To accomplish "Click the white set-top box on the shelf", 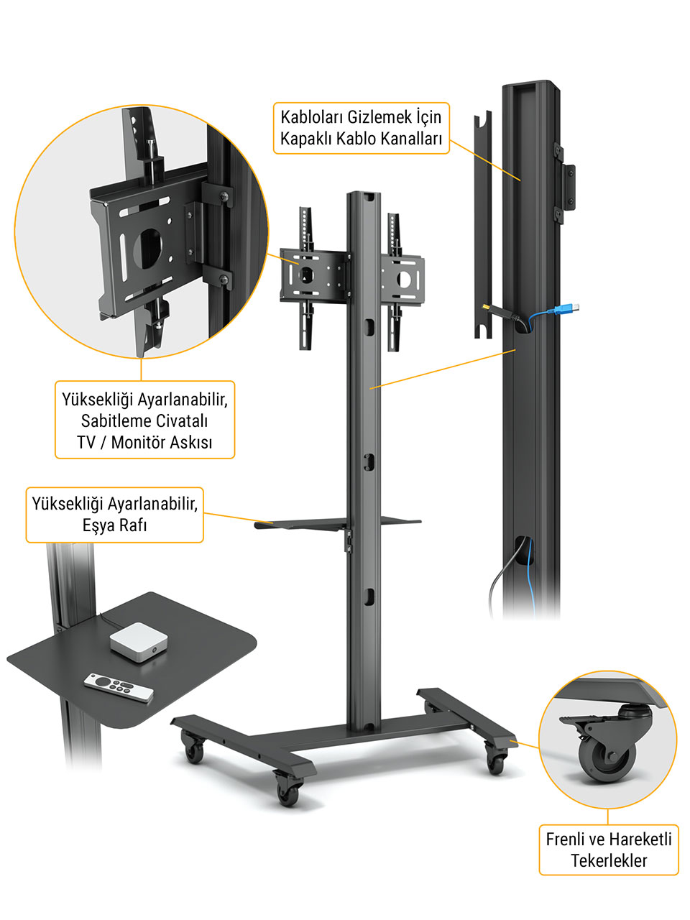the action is click(x=139, y=642).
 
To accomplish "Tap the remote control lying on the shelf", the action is click(x=119, y=687).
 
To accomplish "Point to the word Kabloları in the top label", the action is click(x=310, y=117).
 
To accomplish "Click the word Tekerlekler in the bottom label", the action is click(x=609, y=860).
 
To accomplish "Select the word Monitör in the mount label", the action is click(x=140, y=442).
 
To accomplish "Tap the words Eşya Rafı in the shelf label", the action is click(x=114, y=525).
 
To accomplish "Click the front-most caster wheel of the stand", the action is click(x=288, y=793).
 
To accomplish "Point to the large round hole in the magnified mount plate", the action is click(x=147, y=249).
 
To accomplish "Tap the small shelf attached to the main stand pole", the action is click(x=337, y=523).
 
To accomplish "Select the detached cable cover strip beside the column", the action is click(x=482, y=225).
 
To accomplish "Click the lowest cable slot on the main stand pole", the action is click(x=368, y=597).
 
